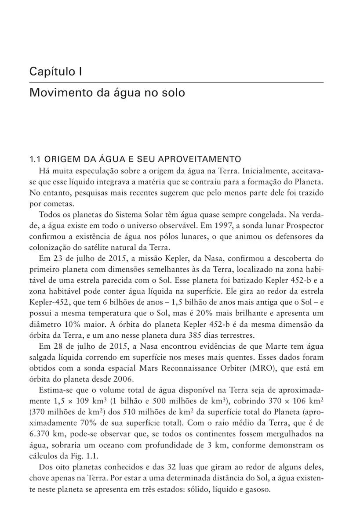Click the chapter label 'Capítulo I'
tap(55, 72)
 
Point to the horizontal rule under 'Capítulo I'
tap(176, 82)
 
